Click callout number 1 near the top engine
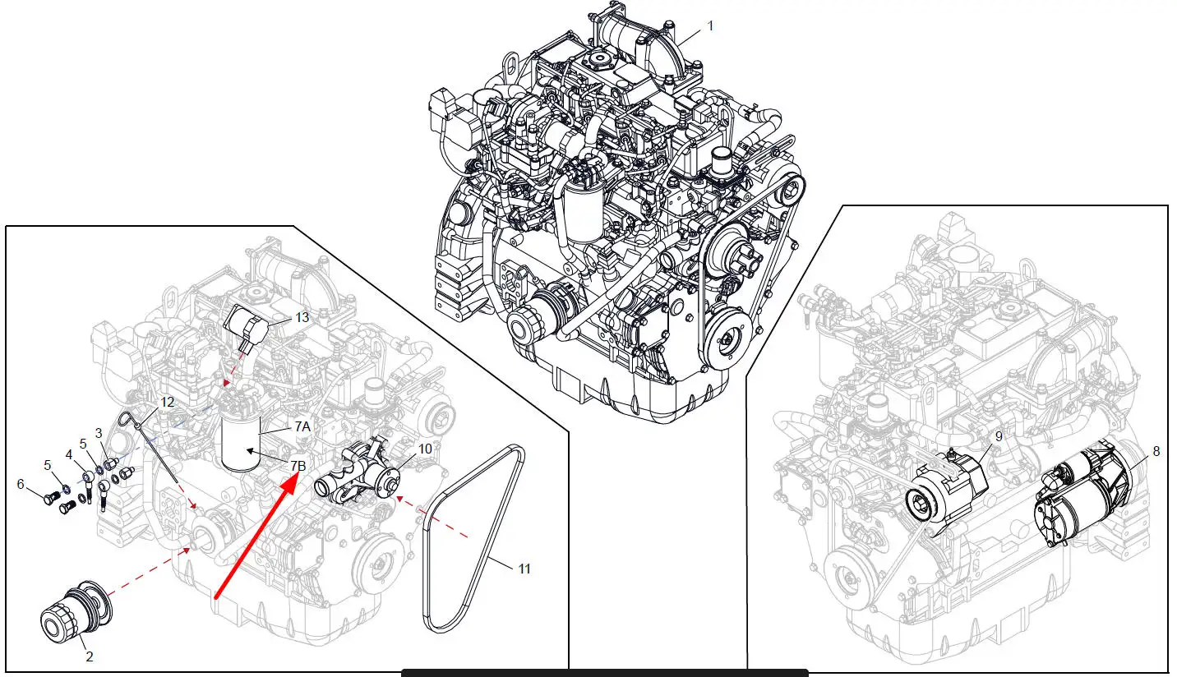[x=710, y=25]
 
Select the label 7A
[x=302, y=427]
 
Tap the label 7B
[x=298, y=466]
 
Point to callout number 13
[x=302, y=318]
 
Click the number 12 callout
[x=167, y=403]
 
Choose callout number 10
[x=425, y=449]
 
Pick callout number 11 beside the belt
[x=524, y=569]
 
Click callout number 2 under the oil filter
[x=90, y=656]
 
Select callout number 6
[x=21, y=484]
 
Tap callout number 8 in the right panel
[x=1156, y=452]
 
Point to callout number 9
[x=999, y=436]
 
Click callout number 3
[x=99, y=433]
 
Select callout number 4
[x=69, y=455]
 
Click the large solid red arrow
[x=257, y=535]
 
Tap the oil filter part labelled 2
[x=76, y=610]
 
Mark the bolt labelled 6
[x=50, y=497]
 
